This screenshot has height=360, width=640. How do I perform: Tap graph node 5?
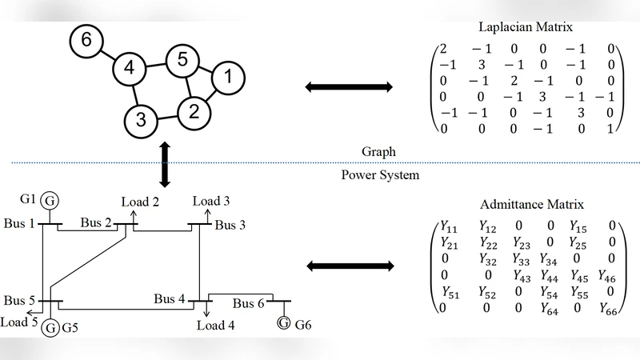click(182, 60)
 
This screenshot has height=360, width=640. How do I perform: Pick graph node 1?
click(227, 78)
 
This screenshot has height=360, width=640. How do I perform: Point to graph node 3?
click(140, 121)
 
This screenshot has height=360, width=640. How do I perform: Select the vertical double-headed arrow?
click(166, 162)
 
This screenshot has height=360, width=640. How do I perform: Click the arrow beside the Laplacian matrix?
click(349, 86)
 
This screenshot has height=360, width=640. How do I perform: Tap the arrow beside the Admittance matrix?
click(349, 265)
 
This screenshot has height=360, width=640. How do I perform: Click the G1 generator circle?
click(50, 199)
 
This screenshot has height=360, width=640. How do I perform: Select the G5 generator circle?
click(50, 326)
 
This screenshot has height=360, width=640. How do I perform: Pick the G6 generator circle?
click(283, 323)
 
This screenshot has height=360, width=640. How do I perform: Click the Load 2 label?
click(140, 202)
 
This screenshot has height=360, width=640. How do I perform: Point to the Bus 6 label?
click(251, 304)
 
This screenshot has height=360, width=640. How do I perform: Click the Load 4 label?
click(216, 326)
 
